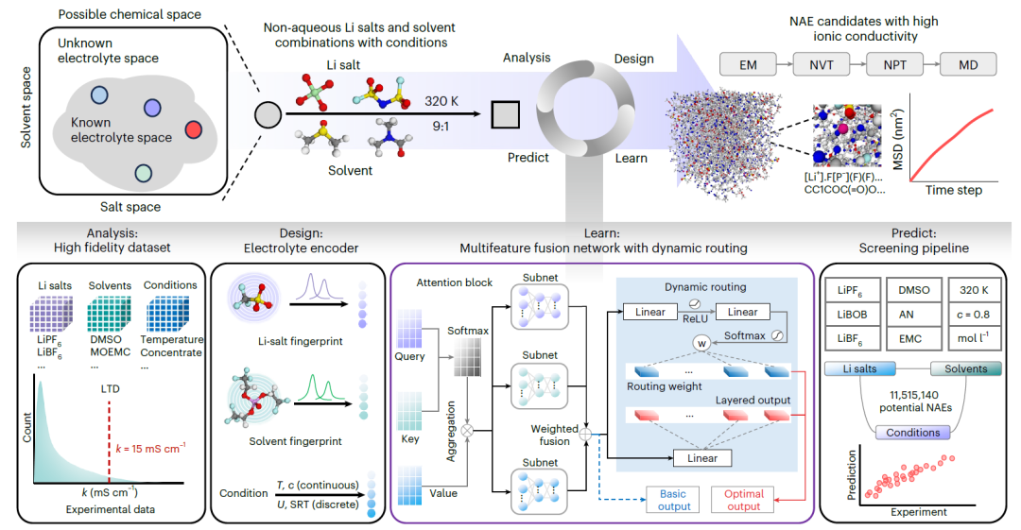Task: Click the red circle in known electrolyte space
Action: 193,128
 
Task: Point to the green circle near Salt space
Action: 143,173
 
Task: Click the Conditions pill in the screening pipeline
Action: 911,432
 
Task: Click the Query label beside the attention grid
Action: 409,357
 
